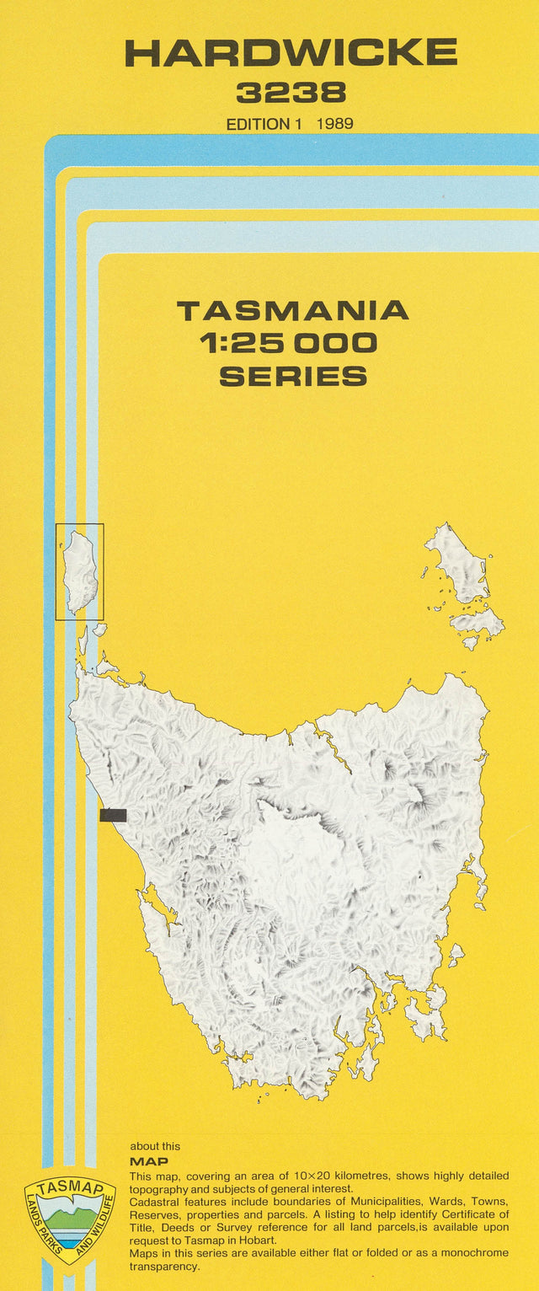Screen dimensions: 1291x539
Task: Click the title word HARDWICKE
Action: pos(291,53)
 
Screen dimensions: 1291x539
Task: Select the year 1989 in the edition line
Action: pos(335,124)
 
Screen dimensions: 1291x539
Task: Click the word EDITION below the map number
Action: pos(258,124)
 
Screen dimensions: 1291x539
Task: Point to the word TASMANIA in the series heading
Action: pos(292,311)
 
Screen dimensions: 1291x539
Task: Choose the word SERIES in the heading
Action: pos(292,376)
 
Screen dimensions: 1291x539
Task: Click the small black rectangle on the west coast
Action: pos(113,815)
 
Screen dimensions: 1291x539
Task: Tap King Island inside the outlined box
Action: pos(81,571)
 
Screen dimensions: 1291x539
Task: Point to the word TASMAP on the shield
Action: pos(69,1190)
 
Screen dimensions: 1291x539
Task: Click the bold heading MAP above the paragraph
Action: pos(148,1161)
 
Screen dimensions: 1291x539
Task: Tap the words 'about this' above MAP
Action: pos(155,1146)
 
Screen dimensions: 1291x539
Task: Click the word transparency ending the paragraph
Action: pos(163,1266)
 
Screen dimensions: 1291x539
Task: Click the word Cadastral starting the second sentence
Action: pos(155,1201)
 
